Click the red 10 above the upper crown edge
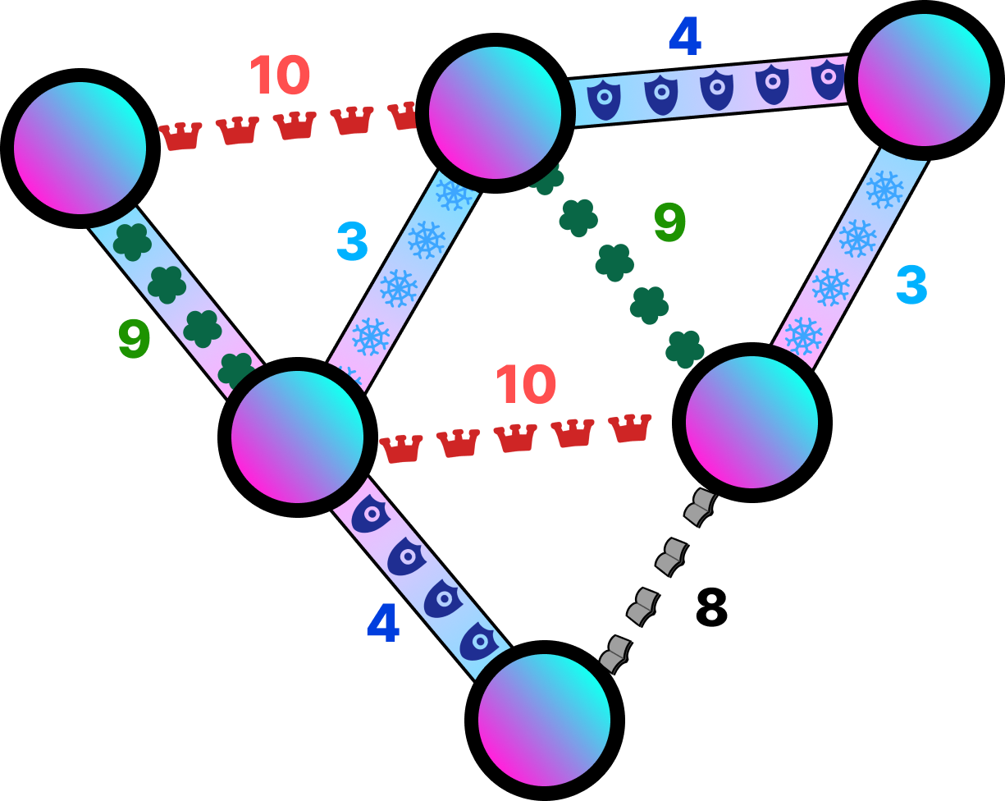(279, 76)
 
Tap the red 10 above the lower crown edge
(525, 384)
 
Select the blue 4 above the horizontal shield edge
(684, 37)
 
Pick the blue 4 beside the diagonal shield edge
(382, 623)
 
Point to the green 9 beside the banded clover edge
(134, 339)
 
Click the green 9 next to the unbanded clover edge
(669, 222)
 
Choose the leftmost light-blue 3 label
(352, 241)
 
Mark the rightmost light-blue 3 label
(911, 285)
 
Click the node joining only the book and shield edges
(544, 720)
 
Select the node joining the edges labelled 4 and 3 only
(924, 80)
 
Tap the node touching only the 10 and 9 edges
(80, 148)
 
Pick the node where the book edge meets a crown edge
(751, 422)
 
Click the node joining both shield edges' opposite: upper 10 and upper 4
(495, 112)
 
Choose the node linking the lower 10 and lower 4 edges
(297, 437)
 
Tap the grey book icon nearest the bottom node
(614, 654)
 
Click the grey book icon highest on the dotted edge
(700, 506)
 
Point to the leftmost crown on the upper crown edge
(180, 136)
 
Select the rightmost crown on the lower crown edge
(629, 428)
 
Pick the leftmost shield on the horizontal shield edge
(604, 99)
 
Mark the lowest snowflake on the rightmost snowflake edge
(802, 335)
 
